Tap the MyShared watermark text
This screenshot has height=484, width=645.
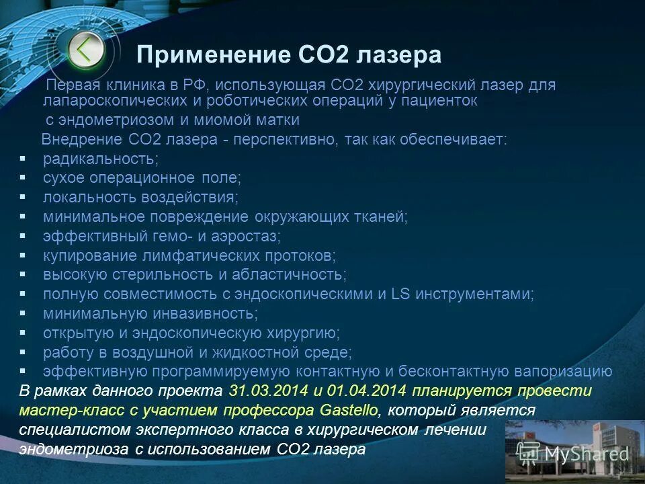click(x=587, y=453)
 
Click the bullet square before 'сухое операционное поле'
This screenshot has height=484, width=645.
click(x=22, y=178)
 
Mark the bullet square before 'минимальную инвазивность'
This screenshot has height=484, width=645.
click(x=22, y=313)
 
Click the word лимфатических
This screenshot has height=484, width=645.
click(x=188, y=256)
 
